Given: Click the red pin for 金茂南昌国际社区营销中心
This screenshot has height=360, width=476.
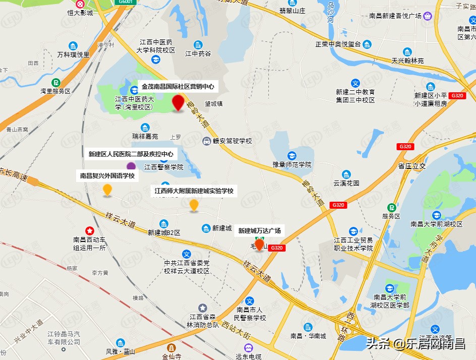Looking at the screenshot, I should click(x=177, y=102).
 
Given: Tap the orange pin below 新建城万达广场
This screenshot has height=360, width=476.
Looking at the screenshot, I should click(x=260, y=245).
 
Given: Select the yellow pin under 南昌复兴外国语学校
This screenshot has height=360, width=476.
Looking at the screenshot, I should click(x=107, y=190).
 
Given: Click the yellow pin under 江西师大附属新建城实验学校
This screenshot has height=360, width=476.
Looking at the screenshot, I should click(x=194, y=205).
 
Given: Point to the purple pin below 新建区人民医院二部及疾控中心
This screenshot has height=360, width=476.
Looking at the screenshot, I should click(x=131, y=166).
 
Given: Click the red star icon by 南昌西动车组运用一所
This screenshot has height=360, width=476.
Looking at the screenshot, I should click(x=89, y=230).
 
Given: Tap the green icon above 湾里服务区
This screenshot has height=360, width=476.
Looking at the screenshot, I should click(x=55, y=82).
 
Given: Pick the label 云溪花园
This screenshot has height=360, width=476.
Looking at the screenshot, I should click(x=346, y=183).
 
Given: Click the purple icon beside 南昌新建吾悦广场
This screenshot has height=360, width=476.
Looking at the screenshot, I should click(x=428, y=16).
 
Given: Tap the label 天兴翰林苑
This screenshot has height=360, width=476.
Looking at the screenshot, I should click(x=407, y=61).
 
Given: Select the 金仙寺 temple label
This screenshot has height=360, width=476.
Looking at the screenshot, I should click(x=172, y=356).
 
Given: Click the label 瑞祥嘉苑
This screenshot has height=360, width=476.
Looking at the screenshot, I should click(x=145, y=136).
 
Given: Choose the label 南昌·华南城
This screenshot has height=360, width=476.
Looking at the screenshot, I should click(x=308, y=336).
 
